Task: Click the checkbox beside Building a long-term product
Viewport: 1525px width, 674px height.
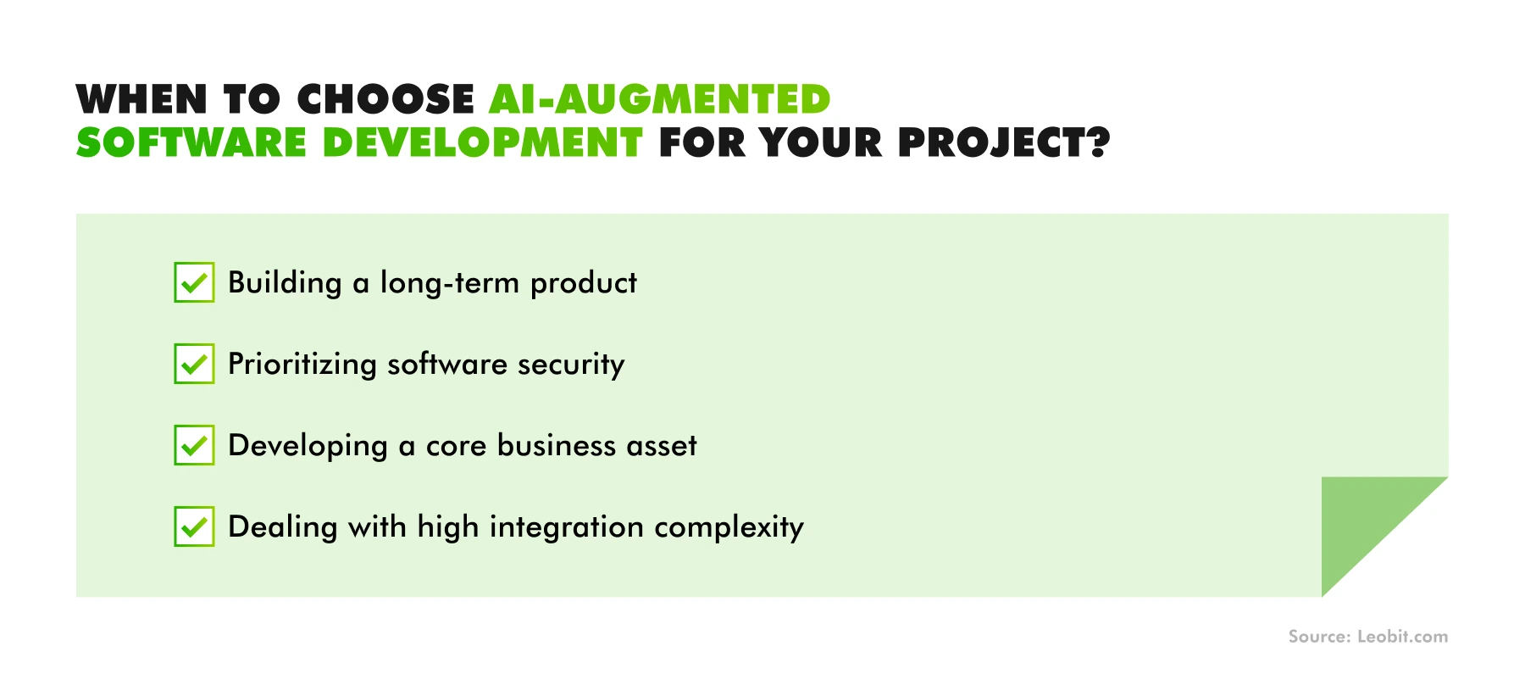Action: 194,282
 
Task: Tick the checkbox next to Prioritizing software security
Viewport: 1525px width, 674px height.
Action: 194,364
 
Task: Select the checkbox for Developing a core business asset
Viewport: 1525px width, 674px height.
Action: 194,445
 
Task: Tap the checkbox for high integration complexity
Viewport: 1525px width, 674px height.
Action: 194,526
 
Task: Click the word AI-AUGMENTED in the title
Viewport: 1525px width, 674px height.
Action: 659,99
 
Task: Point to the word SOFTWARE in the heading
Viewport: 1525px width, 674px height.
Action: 191,142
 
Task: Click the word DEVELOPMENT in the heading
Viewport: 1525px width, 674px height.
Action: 483,142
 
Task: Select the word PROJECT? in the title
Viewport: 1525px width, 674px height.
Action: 1004,142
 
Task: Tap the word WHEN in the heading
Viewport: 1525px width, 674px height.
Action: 141,99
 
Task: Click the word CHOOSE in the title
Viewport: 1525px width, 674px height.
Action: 385,99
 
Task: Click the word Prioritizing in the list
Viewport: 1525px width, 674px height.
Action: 302,365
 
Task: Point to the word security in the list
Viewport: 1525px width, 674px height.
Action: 571,365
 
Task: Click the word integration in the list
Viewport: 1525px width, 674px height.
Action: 567,527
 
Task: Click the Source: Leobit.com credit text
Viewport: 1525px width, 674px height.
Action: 1367,637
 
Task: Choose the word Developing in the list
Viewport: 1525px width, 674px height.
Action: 308,446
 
